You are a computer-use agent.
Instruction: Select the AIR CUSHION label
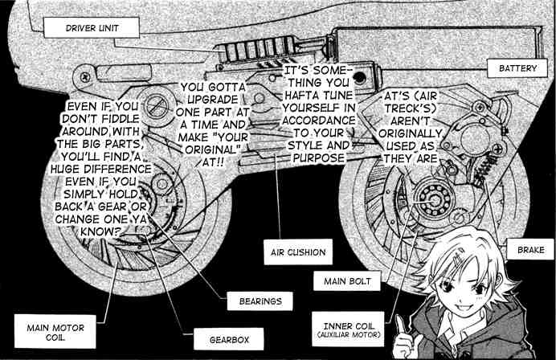point(296,252)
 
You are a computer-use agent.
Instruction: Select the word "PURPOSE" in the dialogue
point(316,159)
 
